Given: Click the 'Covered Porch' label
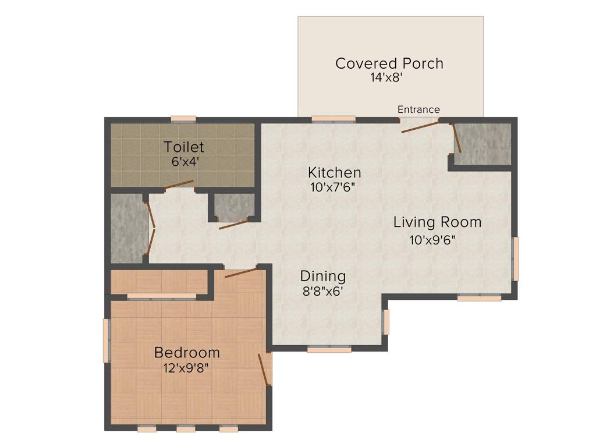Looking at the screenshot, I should tap(389, 63).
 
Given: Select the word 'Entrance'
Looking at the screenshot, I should tap(418, 109).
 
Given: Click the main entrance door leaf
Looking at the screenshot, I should tap(420, 127).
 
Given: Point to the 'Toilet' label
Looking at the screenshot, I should tap(184, 147).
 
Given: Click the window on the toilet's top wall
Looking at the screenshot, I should tap(183, 119).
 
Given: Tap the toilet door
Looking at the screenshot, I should tap(179, 185).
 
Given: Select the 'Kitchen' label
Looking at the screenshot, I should tap(334, 173).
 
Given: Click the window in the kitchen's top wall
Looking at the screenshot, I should tap(334, 119).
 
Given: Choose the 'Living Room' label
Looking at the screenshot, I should tap(437, 222).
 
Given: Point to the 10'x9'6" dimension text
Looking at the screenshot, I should tap(432, 240).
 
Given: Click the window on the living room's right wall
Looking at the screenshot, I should tap(515, 258).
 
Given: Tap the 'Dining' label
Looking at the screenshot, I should tap(322, 276).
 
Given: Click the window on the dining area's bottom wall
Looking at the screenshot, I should tap(329, 350).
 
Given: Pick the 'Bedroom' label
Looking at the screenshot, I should tap(187, 352).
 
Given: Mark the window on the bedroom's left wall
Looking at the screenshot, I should tap(107, 340).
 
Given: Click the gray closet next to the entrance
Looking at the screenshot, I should tap(483, 144).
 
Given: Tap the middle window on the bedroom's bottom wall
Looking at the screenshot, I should tap(186, 429).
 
